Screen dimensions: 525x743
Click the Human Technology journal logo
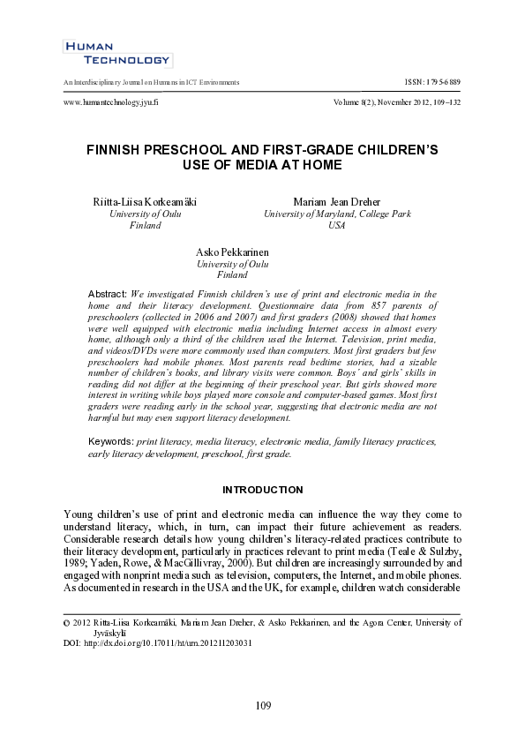116,54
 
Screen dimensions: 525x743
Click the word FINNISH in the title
116,150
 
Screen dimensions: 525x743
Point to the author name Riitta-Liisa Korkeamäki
145,202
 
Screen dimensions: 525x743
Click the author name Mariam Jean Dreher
336,202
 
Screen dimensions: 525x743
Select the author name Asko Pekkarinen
232,252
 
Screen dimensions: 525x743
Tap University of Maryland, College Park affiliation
336,214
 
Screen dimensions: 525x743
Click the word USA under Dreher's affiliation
336,226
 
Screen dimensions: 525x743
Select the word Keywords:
110,440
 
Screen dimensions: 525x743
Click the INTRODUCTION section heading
262,490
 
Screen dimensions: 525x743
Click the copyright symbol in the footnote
68,623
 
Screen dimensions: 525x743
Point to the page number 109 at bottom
262,705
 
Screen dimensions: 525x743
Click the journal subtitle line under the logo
151,82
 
